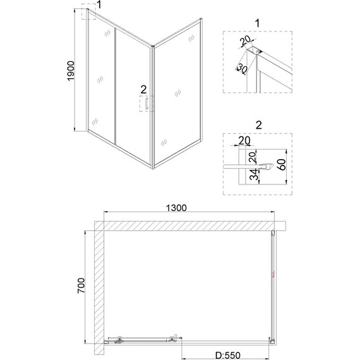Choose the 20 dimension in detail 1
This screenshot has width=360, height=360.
coord(245,43)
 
